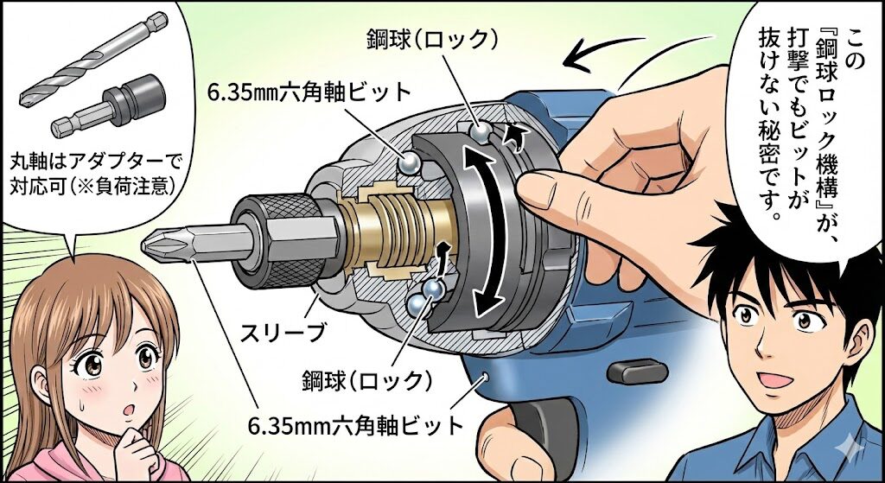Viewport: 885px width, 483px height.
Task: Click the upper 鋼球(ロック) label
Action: (x=433, y=39)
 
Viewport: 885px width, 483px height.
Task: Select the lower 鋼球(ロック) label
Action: (x=371, y=378)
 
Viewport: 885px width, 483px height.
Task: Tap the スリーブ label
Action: (x=283, y=332)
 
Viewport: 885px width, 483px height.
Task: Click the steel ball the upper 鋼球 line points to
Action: (x=481, y=132)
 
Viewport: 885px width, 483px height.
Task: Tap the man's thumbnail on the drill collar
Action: (x=532, y=186)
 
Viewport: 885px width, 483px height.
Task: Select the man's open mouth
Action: (x=774, y=380)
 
